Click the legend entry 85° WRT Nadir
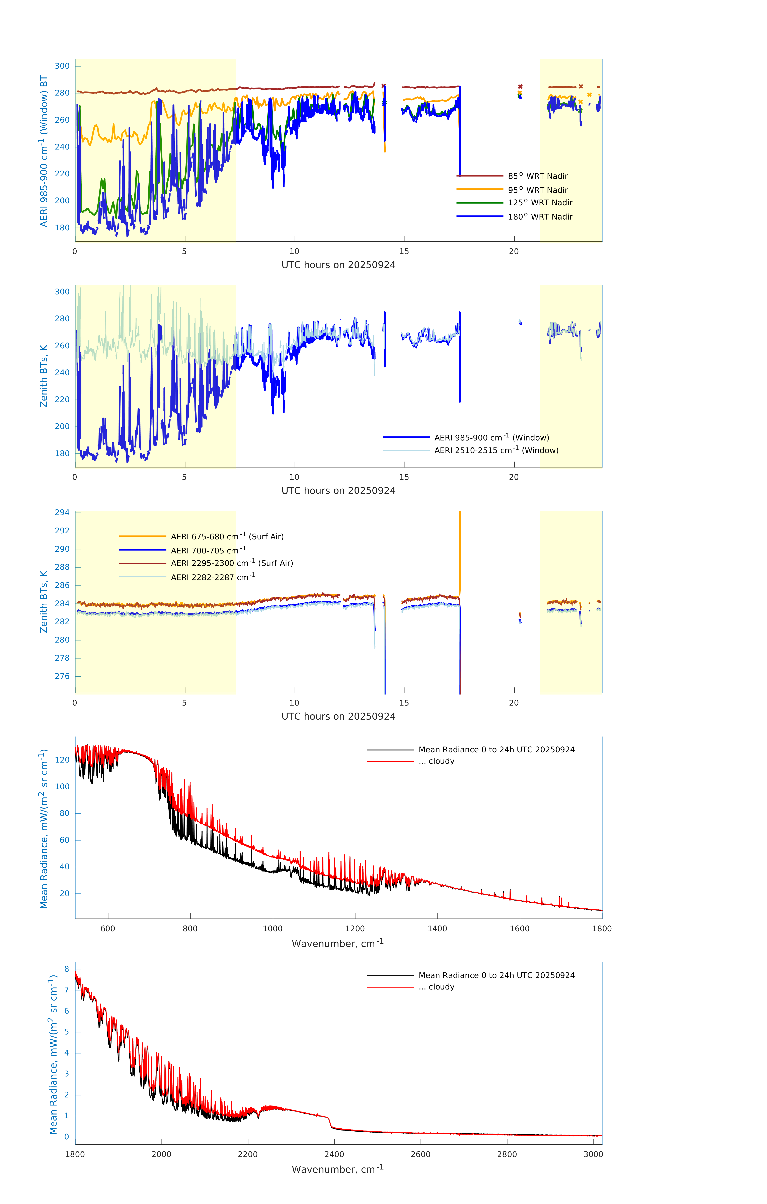tap(538, 176)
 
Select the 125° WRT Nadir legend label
tap(540, 202)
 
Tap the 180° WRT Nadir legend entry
tap(540, 217)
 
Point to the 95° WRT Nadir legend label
tap(538, 190)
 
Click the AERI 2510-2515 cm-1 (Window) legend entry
tap(496, 450)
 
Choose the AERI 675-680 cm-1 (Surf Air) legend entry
tap(227, 537)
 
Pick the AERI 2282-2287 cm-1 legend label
tap(213, 577)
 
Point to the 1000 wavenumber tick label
tap(272, 928)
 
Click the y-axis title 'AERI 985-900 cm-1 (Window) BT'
tap(44, 151)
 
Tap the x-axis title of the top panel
tap(338, 265)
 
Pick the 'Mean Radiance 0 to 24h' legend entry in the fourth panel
tap(496, 749)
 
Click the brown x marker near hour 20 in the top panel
tap(520, 86)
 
